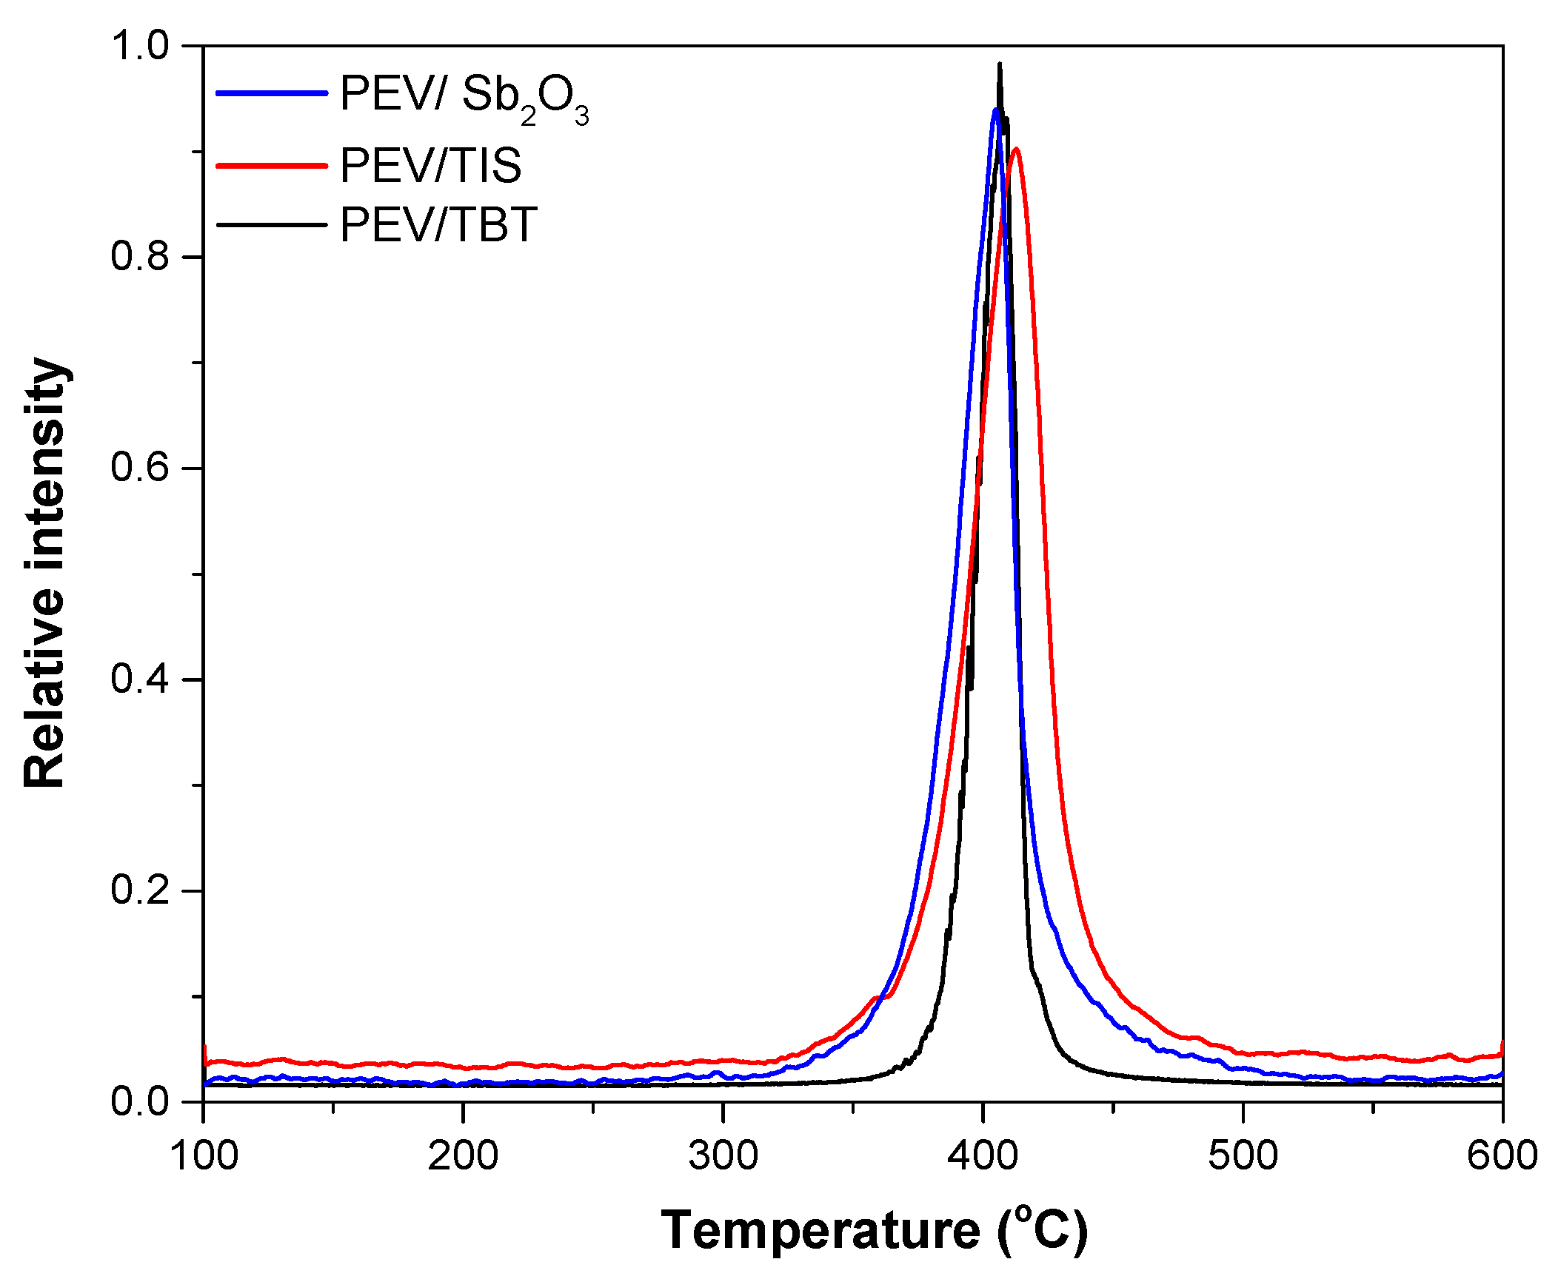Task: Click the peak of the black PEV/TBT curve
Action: tap(1000, 65)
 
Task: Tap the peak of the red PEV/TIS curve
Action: tap(1016, 150)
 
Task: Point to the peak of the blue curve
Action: tap(996, 110)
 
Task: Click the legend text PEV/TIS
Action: tap(430, 165)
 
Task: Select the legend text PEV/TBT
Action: tap(438, 225)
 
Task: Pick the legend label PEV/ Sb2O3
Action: tap(464, 96)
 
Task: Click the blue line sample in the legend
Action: tap(271, 93)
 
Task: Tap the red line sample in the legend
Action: tap(271, 165)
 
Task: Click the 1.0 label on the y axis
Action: tap(141, 46)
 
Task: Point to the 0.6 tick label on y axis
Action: tap(141, 468)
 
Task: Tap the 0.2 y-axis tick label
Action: tap(141, 890)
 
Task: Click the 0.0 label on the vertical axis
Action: tap(141, 1102)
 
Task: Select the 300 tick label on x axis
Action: tap(723, 1155)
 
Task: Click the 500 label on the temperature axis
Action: tap(1243, 1155)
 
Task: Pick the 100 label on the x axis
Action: tap(204, 1155)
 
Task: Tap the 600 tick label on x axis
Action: tap(1502, 1155)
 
